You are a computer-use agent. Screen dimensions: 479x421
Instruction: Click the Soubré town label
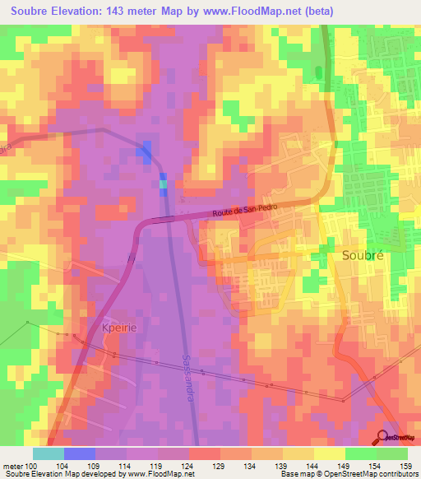point(363,255)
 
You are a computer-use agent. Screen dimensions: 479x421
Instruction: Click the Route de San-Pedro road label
point(246,212)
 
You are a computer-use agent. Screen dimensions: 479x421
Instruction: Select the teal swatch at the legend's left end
point(49,453)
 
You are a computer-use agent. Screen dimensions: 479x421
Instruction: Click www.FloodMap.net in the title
point(275,11)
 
